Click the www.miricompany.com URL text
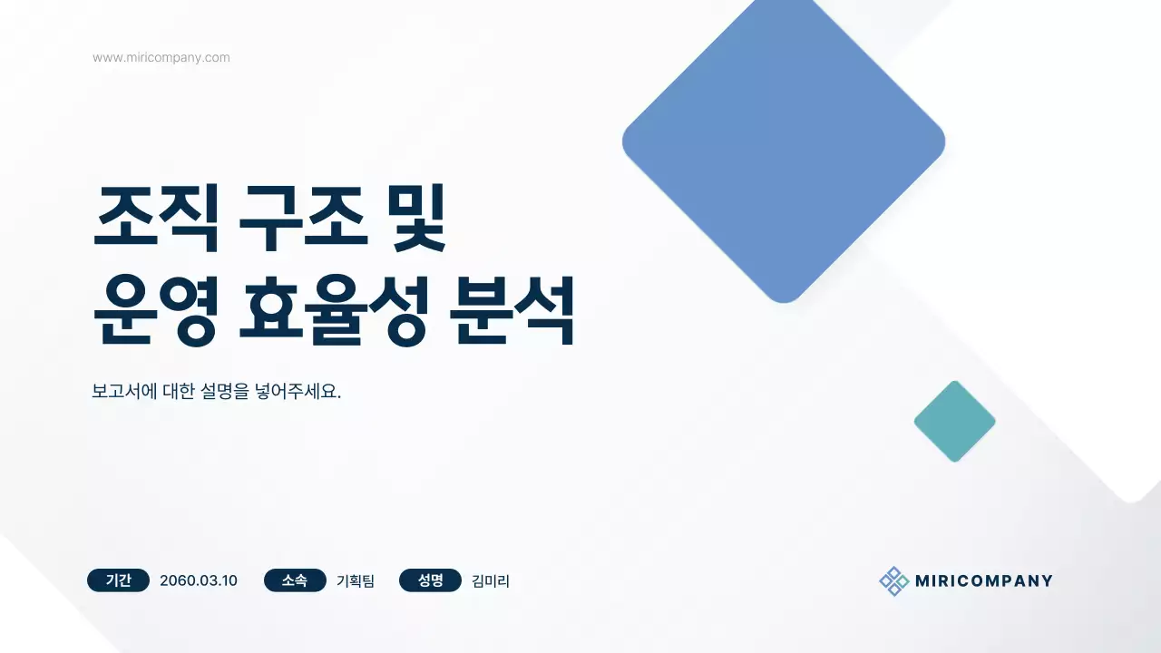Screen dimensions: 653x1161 coord(161,58)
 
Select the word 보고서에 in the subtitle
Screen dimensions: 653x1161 coord(124,394)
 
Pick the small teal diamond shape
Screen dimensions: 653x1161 coord(954,421)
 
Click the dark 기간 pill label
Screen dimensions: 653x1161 coord(119,580)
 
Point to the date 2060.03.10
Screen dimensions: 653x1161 coord(199,580)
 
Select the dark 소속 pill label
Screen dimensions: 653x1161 coord(295,580)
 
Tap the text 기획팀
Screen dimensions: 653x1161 coord(356,580)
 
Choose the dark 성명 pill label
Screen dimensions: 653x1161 coord(430,580)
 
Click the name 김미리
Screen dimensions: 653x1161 coord(491,580)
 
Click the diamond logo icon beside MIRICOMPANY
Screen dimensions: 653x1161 coord(893,581)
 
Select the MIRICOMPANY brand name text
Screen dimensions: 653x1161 coord(983,581)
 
